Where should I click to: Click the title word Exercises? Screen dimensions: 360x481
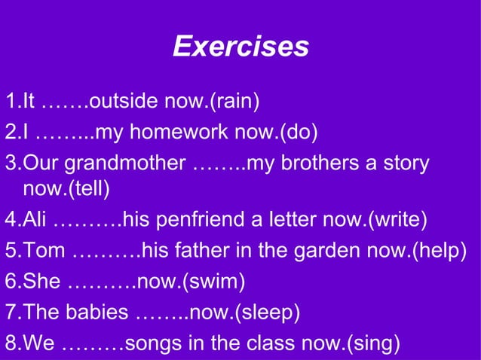pyautogui.click(x=240, y=47)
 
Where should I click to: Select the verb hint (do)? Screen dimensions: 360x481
pyautogui.click(x=299, y=133)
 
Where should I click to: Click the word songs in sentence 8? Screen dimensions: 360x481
pyautogui.click(x=152, y=344)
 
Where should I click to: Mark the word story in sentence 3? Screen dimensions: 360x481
pyautogui.click(x=404, y=163)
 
